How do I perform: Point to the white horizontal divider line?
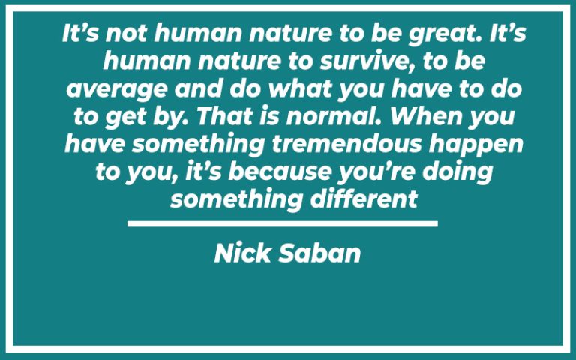(x=282, y=223)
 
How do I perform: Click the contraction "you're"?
(x=383, y=172)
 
